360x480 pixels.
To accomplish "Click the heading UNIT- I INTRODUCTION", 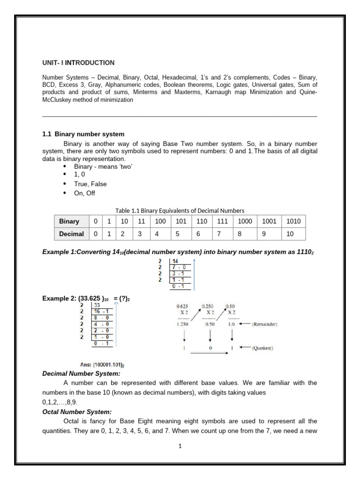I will tap(78, 62).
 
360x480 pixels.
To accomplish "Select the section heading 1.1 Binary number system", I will tap(83, 135).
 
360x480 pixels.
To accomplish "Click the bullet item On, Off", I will tap(84, 193).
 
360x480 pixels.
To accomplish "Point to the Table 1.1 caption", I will tap(180, 210).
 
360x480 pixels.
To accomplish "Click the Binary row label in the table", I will tap(69, 221).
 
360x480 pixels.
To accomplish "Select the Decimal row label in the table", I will tap(71, 233).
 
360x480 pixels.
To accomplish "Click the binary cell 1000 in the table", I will tap(245, 221).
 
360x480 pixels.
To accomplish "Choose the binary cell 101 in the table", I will tap(181, 221).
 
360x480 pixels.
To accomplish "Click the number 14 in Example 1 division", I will tap(175, 261).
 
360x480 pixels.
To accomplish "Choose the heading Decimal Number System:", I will tap(81, 373).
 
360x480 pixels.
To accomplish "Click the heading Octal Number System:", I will tap(77, 412).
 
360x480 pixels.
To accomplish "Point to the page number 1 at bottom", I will tap(180, 446).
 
